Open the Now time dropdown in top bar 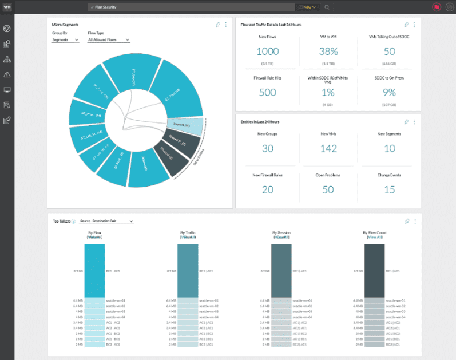click(307, 7)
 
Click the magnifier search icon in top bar click(327, 7)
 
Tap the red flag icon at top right click(436, 7)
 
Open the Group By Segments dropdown click(65, 40)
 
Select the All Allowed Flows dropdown click(109, 40)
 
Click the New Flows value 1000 click(268, 51)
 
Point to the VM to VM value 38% click(328, 51)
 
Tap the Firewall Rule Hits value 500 click(268, 93)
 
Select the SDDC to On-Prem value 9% click(389, 93)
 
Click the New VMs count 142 click(328, 149)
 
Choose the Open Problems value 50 click(328, 189)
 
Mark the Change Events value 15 click(389, 189)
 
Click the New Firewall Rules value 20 click(268, 189)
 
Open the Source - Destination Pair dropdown click(106, 221)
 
